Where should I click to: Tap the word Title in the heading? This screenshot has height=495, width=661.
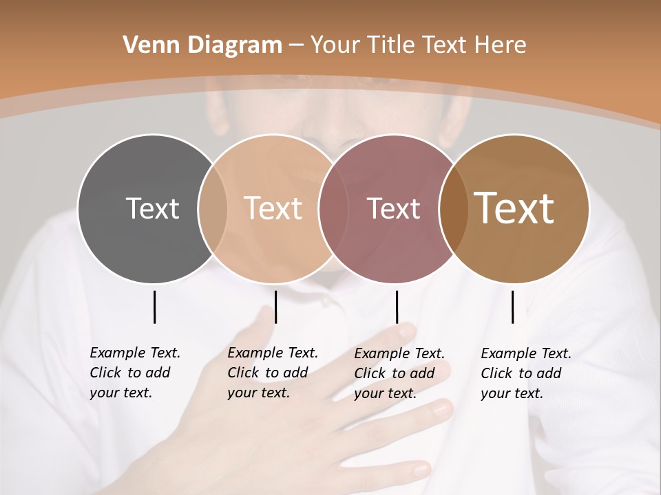(x=392, y=45)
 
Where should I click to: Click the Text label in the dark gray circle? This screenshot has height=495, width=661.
(x=152, y=208)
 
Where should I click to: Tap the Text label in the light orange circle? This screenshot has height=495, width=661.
(x=273, y=208)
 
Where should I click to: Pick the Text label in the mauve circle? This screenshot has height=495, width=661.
(x=393, y=208)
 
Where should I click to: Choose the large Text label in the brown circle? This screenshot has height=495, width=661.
(x=514, y=208)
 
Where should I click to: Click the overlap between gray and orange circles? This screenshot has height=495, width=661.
(x=213, y=208)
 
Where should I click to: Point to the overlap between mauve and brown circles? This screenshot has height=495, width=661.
(x=454, y=208)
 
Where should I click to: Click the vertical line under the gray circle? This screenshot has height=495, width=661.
(x=154, y=307)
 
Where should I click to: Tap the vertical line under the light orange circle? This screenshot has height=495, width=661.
(x=275, y=307)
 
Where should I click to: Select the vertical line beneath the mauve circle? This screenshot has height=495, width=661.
(x=397, y=307)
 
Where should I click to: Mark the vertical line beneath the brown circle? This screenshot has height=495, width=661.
(x=512, y=307)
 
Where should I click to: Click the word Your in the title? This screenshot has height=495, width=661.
(x=335, y=45)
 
